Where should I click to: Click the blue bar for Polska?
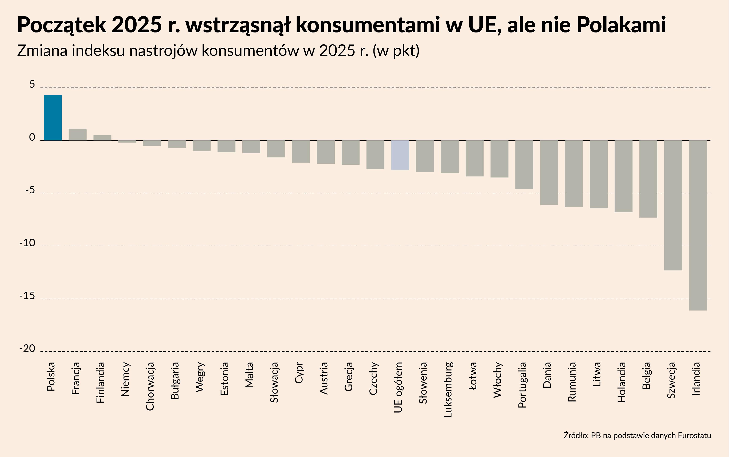pos(53,118)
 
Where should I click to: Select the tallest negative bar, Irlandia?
pos(698,225)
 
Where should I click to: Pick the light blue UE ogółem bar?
pos(400,155)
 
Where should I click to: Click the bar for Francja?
pos(78,135)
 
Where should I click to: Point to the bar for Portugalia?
pos(524,165)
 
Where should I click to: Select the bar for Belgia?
pos(648,179)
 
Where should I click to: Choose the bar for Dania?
pos(549,173)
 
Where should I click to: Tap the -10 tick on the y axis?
pos(27,243)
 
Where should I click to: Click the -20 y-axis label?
pos(27,349)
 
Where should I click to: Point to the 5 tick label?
pos(32,85)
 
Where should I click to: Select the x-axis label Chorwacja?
pos(150,386)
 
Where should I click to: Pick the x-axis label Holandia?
pos(622,382)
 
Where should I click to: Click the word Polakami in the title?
pos(621,25)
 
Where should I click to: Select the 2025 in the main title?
pos(137,25)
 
